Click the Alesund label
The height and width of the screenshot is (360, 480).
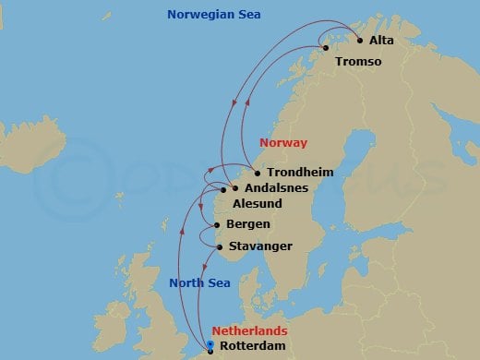[258, 206]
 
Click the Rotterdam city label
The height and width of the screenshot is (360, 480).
[253, 347]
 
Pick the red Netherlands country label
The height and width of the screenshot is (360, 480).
[249, 330]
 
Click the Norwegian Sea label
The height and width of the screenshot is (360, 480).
[214, 15]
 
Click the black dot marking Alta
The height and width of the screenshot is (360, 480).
[359, 40]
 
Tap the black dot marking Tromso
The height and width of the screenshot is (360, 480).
[325, 48]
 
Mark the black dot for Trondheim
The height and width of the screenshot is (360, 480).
[257, 173]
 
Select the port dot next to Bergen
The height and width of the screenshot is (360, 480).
[216, 225]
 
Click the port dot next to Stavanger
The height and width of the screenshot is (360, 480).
[219, 246]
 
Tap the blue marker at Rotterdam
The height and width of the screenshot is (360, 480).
[210, 346]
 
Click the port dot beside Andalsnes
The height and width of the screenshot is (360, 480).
[234, 188]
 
